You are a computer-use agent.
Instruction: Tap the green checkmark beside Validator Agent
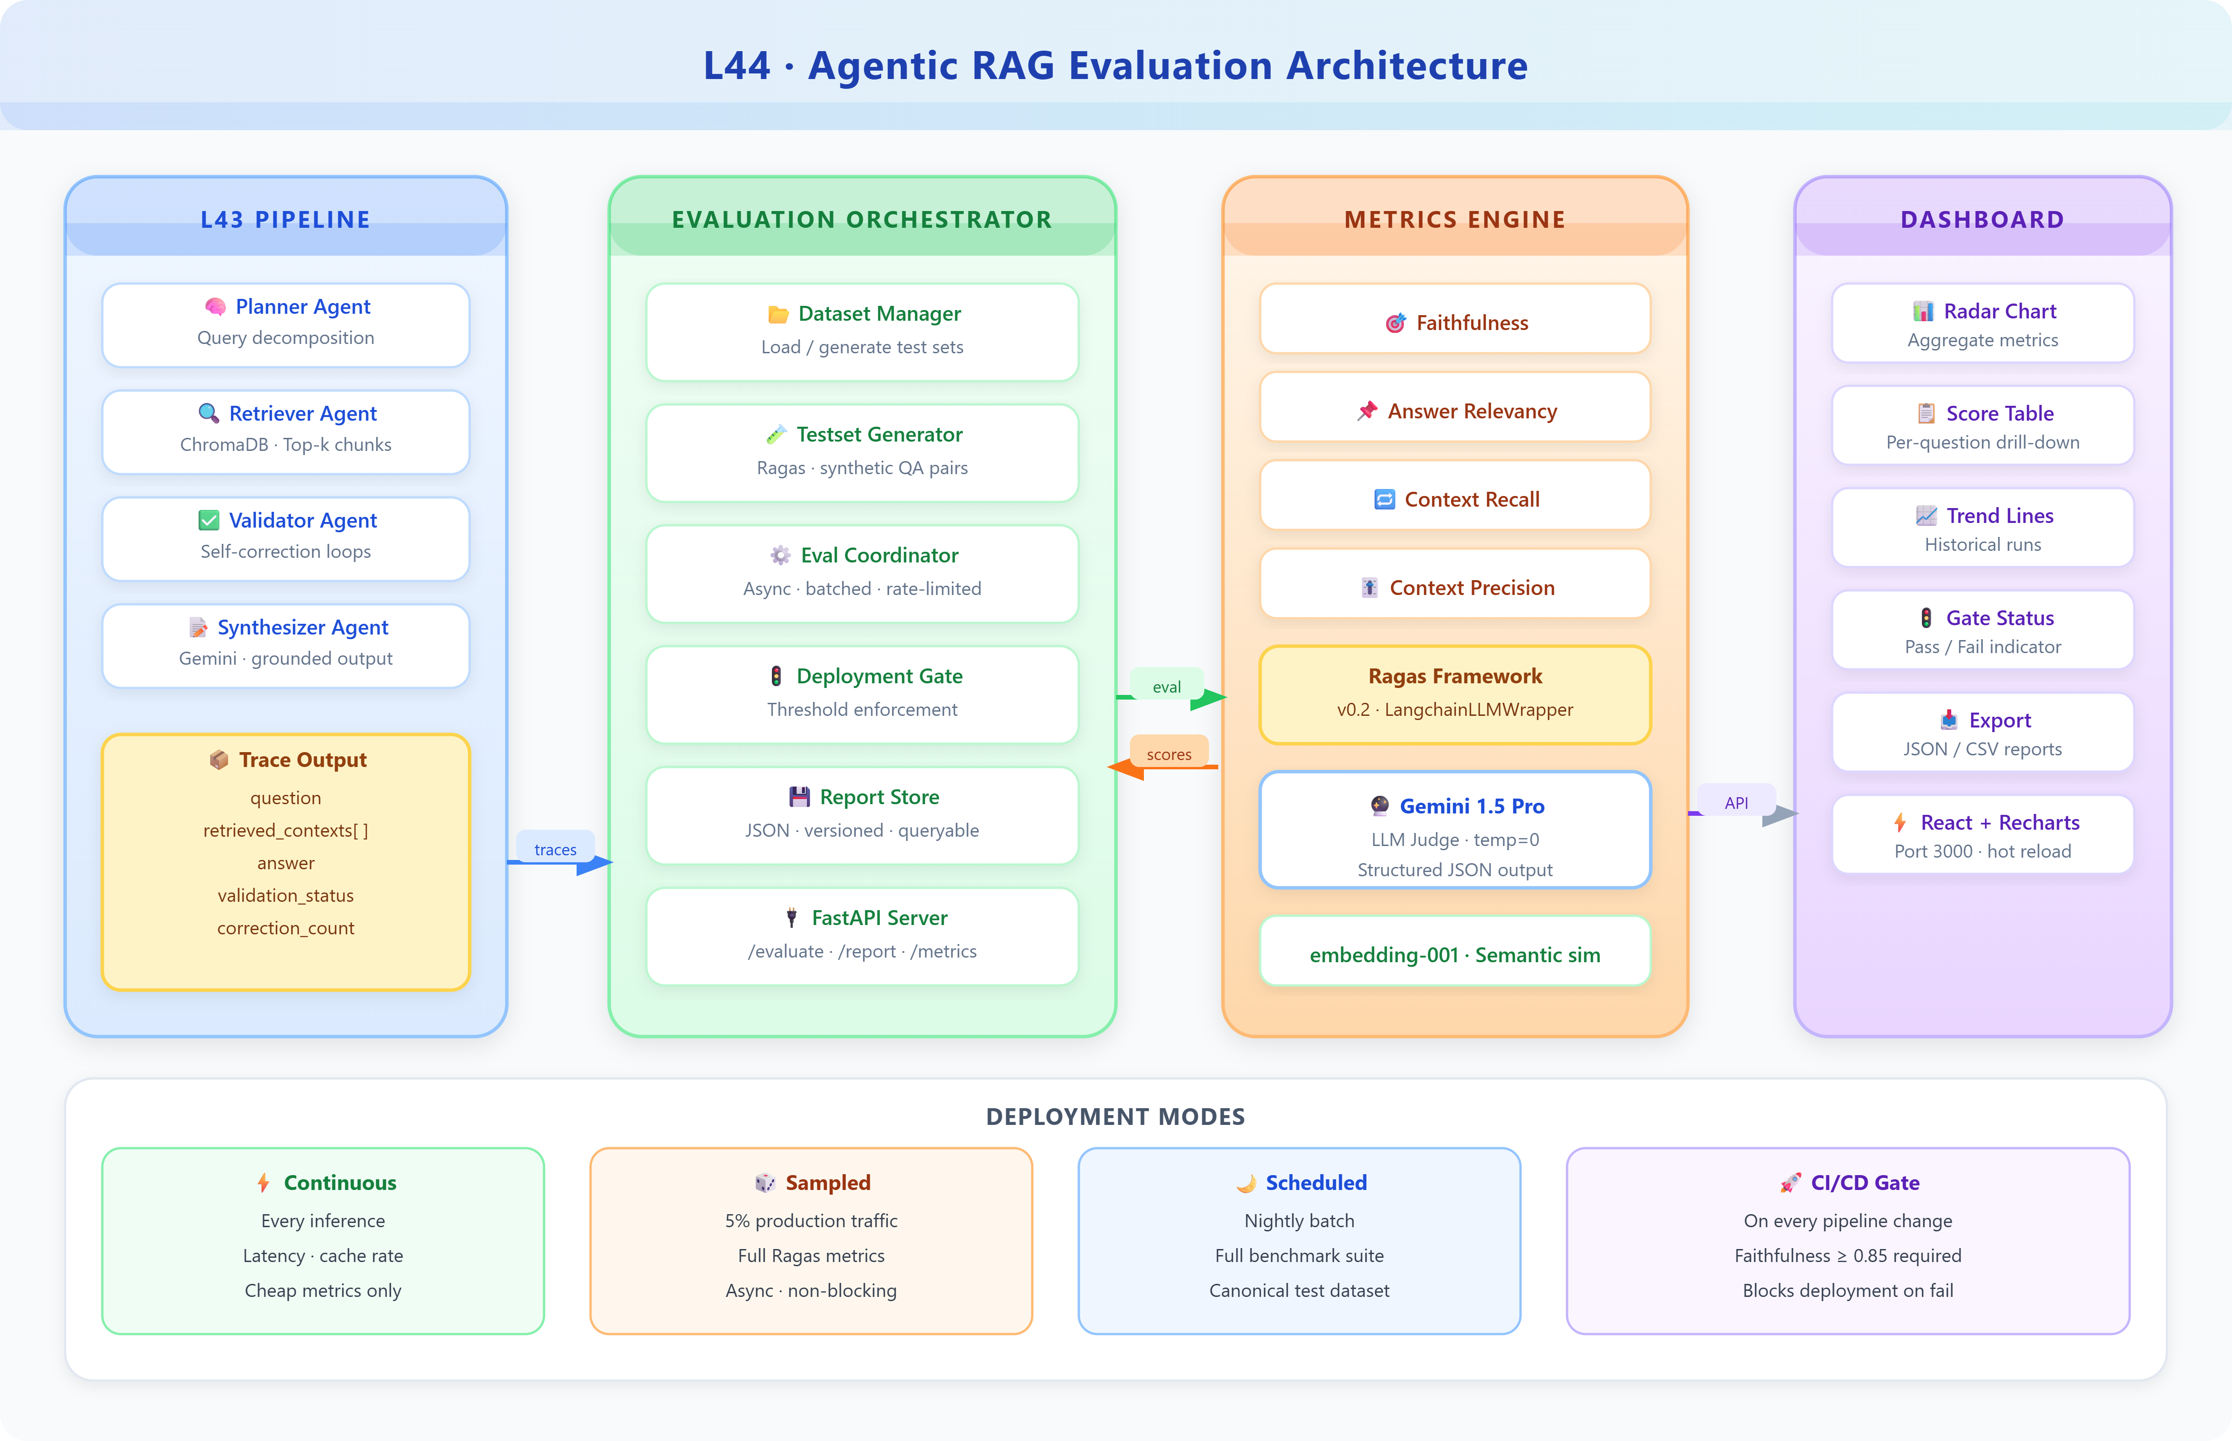point(209,520)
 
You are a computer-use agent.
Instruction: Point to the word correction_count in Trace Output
point(286,928)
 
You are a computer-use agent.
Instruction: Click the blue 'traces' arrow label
point(555,849)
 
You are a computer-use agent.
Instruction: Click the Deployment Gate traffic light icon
point(776,675)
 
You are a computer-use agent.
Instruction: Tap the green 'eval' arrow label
point(1166,687)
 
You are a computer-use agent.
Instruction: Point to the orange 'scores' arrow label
point(1169,754)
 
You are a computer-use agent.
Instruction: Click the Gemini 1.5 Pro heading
point(1471,806)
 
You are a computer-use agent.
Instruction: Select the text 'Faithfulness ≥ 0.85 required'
point(1847,1256)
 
